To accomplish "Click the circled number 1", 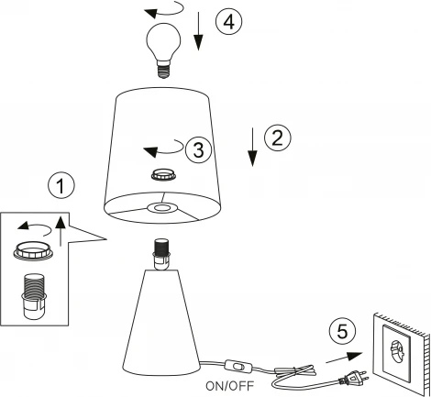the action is click(61, 185).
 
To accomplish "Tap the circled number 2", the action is click(278, 138).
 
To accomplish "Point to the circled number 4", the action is click(229, 22).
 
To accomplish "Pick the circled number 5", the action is click(342, 332).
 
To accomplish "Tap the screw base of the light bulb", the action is click(163, 70).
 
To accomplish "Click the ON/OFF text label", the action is click(230, 386).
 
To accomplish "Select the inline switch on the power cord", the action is click(238, 366).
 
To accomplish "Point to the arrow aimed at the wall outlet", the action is click(344, 358).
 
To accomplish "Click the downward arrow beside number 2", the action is click(252, 148).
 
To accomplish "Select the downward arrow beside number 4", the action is click(198, 31).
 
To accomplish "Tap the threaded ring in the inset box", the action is click(33, 251).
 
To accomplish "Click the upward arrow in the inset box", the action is click(61, 231).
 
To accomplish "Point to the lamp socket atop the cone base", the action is click(161, 255).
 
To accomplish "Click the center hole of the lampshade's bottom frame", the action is click(162, 208).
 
